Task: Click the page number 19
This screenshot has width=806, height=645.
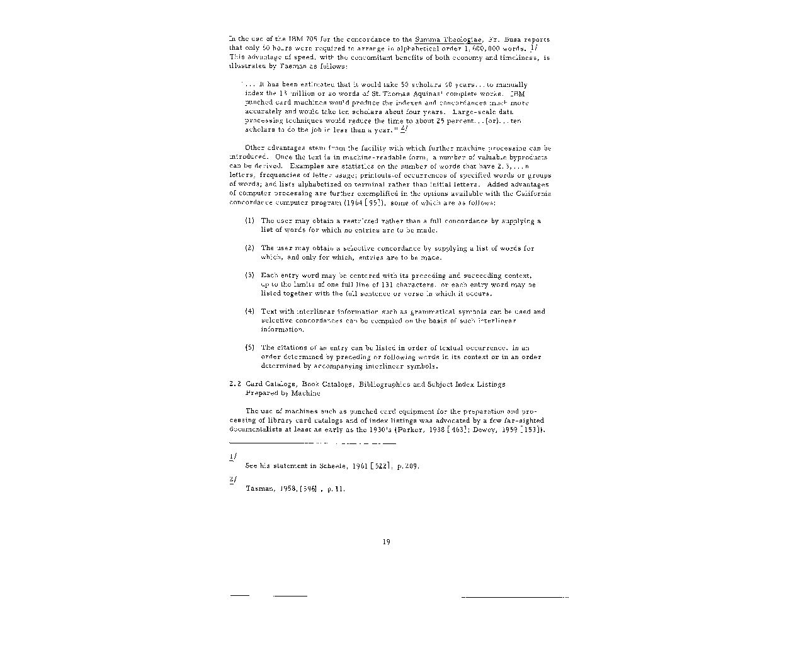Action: click(386, 542)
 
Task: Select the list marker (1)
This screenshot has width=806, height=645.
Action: click(249, 221)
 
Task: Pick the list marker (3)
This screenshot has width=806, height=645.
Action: click(249, 275)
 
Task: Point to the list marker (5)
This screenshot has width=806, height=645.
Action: click(249, 348)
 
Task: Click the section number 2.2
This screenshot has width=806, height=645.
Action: click(235, 384)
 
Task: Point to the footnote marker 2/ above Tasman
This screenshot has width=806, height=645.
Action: click(233, 479)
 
